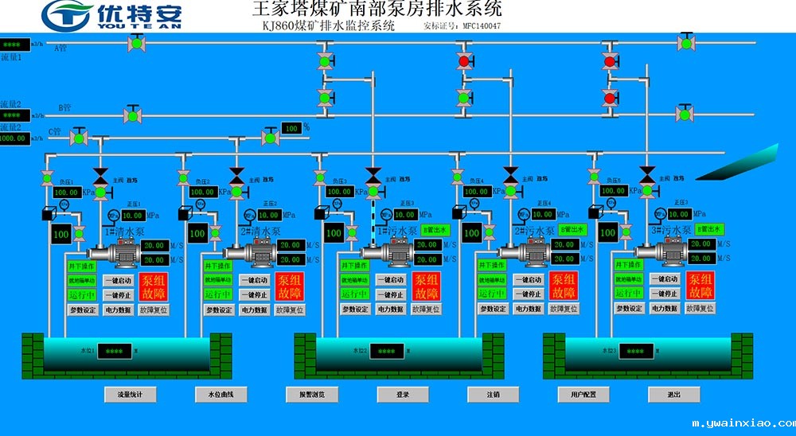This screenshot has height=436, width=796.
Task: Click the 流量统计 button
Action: pos(130,395)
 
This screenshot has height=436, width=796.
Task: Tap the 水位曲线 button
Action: pos(220,395)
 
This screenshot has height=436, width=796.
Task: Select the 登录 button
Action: pos(403,395)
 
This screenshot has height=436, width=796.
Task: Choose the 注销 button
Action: pos(494,395)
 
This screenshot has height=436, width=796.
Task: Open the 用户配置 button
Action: pos(583,395)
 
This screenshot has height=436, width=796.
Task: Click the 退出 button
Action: pos(674,395)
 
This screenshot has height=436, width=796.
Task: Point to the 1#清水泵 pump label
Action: pos(124,232)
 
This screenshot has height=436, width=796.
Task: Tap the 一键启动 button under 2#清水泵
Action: pos(255,280)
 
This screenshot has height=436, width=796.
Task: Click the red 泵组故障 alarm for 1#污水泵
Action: pos(427,286)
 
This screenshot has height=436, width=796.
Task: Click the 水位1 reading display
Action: pos(113,351)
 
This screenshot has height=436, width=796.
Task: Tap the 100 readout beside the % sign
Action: pos(291,128)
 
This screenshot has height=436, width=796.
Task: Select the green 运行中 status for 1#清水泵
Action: pos(81,295)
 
